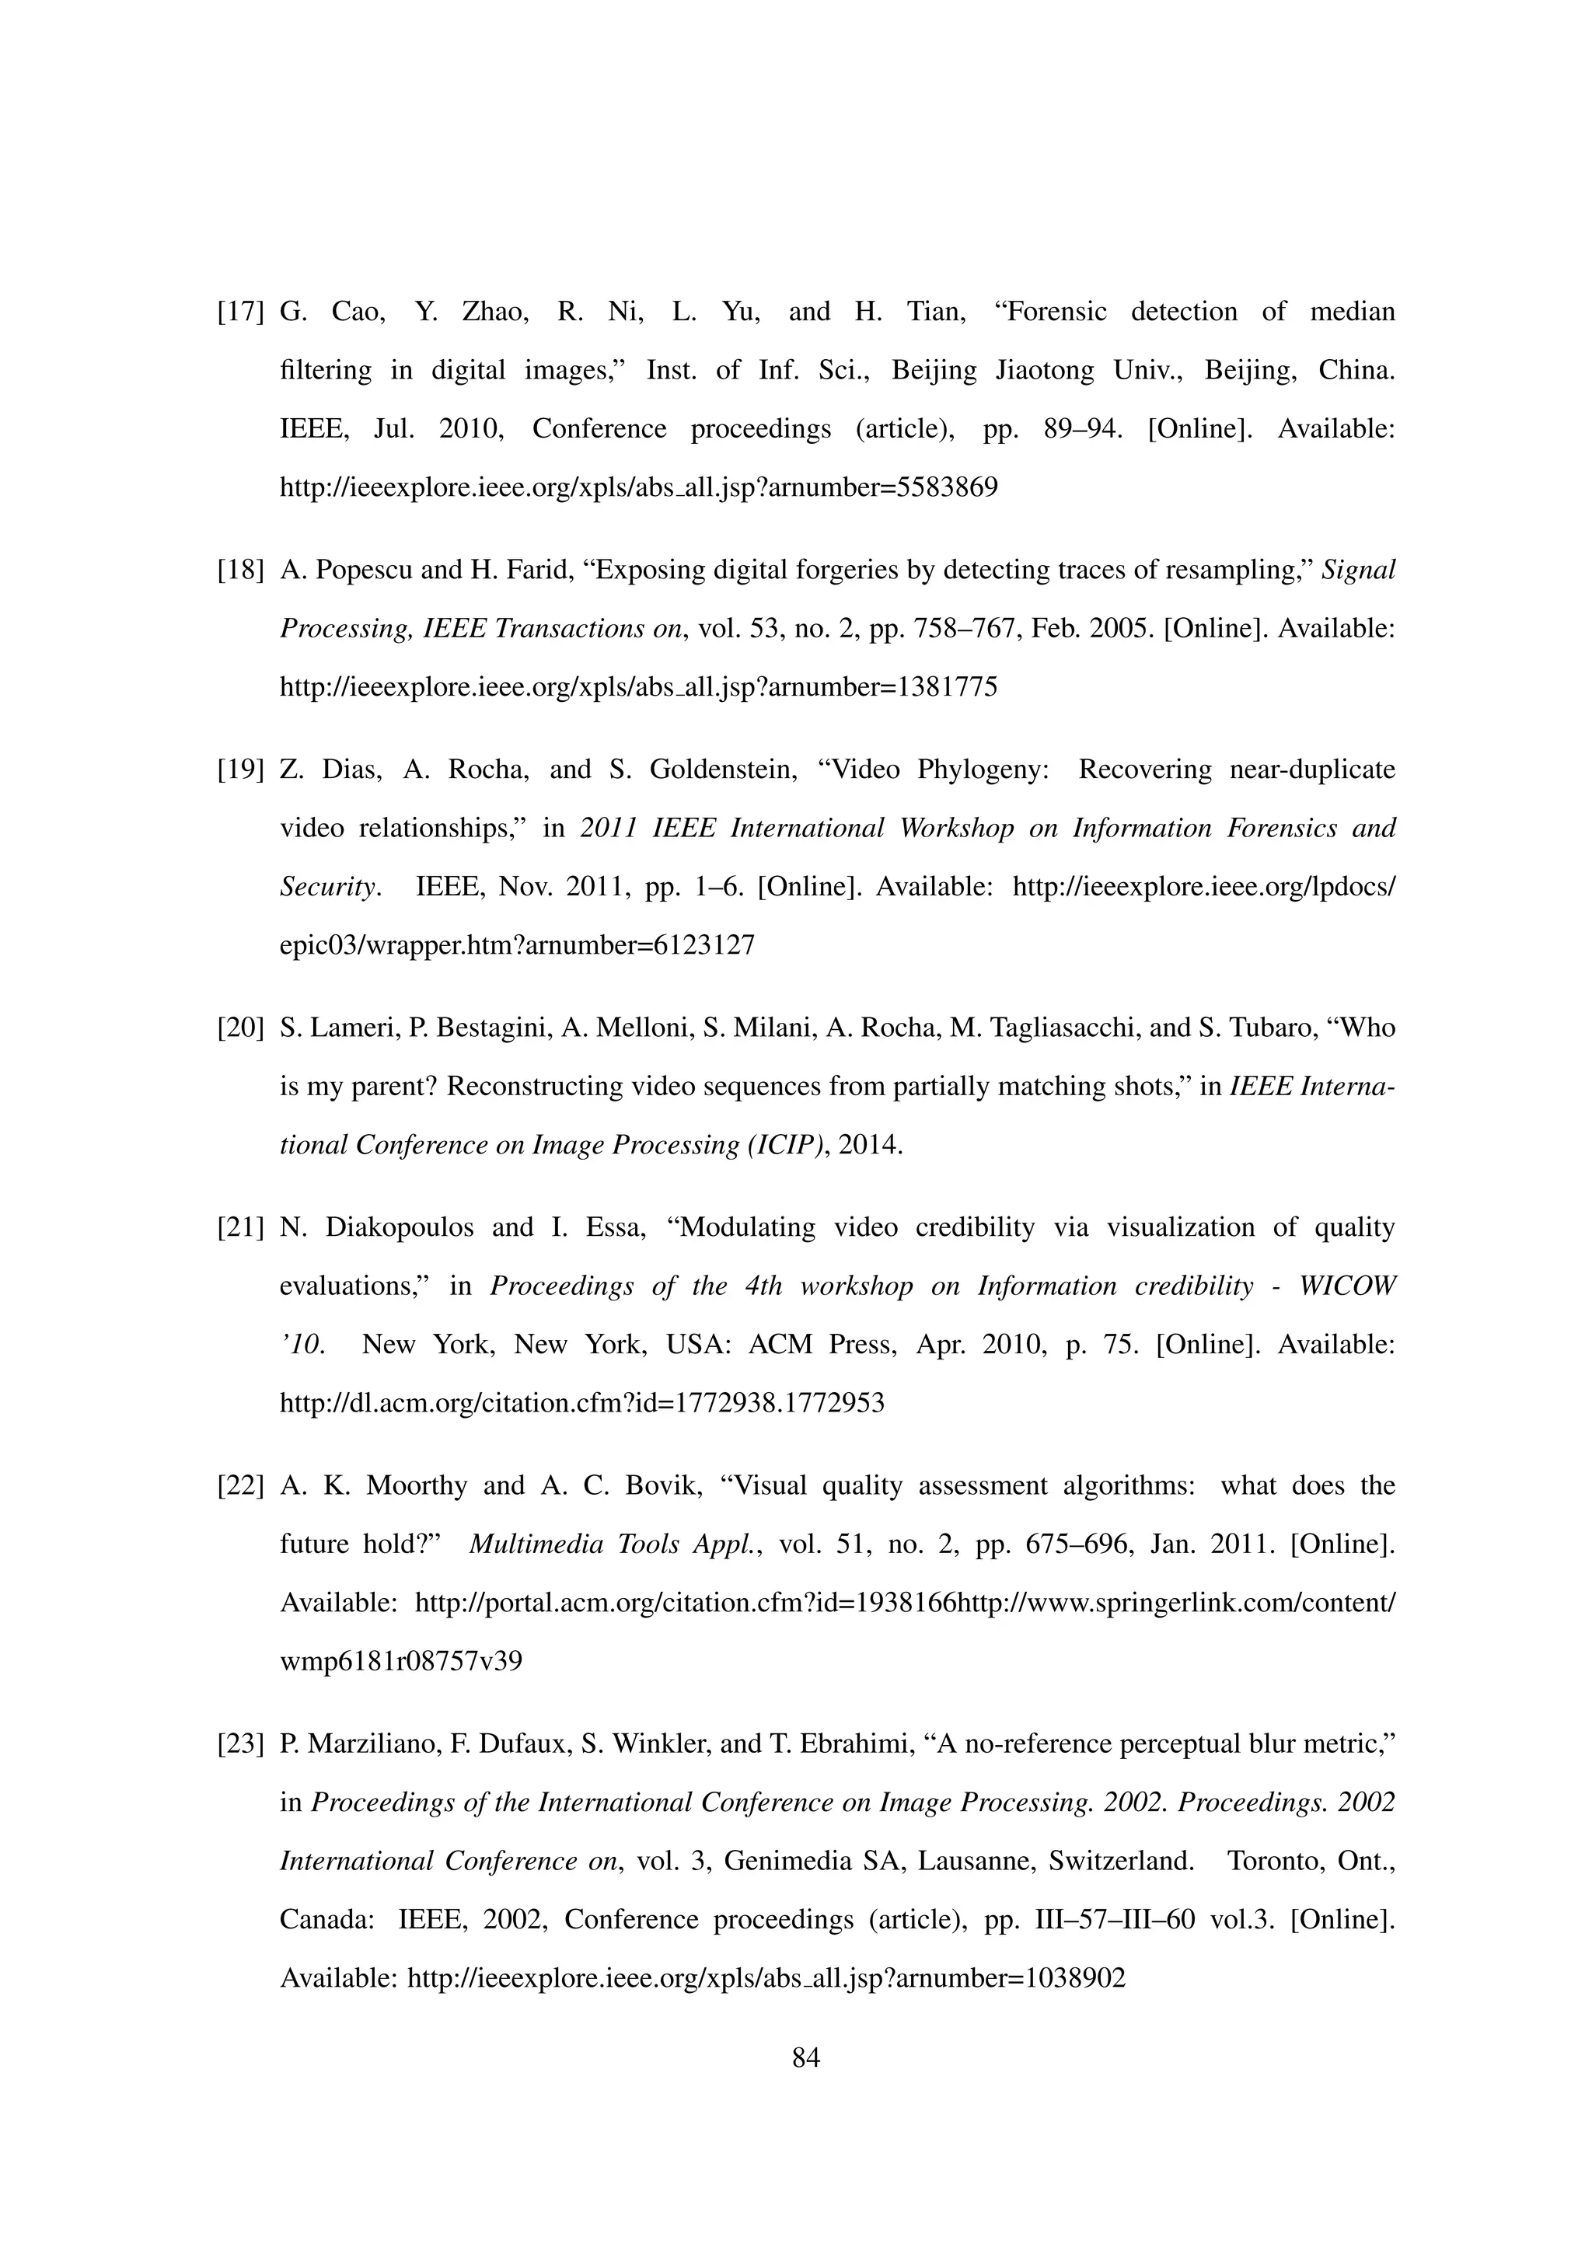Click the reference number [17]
(x=240, y=312)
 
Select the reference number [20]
(x=240, y=1028)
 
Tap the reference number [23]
(x=240, y=1744)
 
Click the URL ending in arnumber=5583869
(x=638, y=487)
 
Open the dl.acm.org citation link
(x=581, y=1403)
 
